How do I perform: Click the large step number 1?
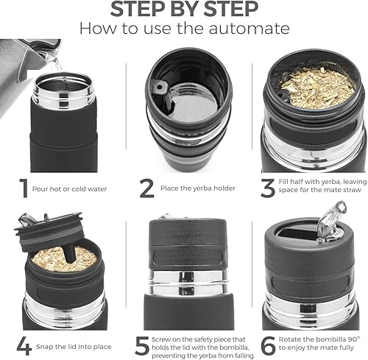pyautogui.click(x=24, y=188)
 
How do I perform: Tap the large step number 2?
pyautogui.click(x=146, y=188)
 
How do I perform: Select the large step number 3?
pyautogui.click(x=268, y=188)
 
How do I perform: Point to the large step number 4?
pyautogui.click(x=24, y=346)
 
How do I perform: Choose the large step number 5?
pyautogui.click(x=142, y=345)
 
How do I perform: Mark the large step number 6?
pyautogui.click(x=268, y=345)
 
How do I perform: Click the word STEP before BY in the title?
pyautogui.click(x=138, y=10)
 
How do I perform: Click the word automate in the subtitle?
pyautogui.click(x=249, y=29)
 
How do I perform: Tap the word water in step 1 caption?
pyautogui.click(x=97, y=189)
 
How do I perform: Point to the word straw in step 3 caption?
pyautogui.click(x=353, y=190)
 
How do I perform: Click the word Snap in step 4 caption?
pyautogui.click(x=44, y=347)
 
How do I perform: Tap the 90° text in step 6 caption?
pyautogui.click(x=354, y=339)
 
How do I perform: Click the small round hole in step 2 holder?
pyautogui.click(x=160, y=87)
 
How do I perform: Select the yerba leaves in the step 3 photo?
pyautogui.click(x=318, y=88)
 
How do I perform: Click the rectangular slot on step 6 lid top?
pyautogui.click(x=299, y=234)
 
